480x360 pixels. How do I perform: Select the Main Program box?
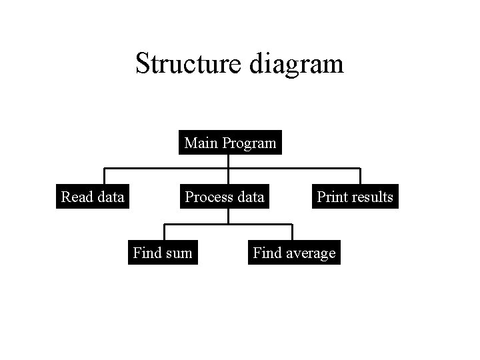click(230, 143)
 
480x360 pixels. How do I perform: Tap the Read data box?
click(93, 197)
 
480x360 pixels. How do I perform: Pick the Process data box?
click(225, 197)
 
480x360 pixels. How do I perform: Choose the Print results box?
click(355, 197)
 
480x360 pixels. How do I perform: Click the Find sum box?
click(163, 253)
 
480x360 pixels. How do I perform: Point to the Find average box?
click(294, 253)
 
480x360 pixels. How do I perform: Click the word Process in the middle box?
click(205, 197)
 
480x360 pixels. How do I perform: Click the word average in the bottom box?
click(311, 253)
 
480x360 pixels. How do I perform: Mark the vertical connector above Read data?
click(103, 176)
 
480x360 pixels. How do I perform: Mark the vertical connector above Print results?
click(360, 176)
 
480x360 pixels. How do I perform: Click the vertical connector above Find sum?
click(165, 232)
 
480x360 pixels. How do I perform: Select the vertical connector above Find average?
click(292, 232)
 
